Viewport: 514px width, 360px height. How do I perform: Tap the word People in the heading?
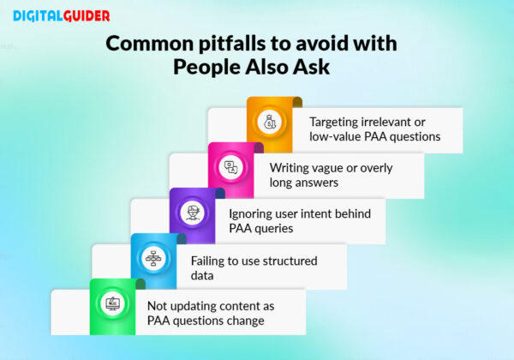pyautogui.click(x=208, y=69)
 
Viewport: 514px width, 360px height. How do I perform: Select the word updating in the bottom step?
pyautogui.click(x=189, y=305)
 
